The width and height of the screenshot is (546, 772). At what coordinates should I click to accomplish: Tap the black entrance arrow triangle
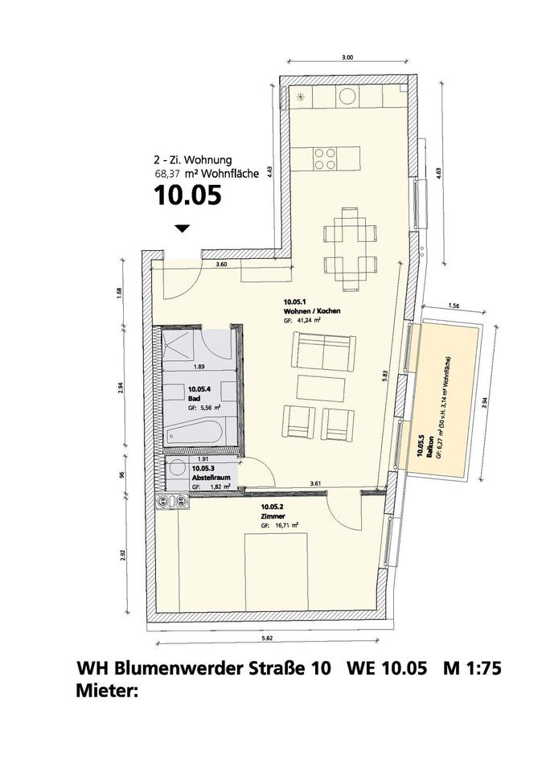click(x=183, y=229)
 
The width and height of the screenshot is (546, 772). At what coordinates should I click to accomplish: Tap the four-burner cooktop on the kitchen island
click(x=326, y=158)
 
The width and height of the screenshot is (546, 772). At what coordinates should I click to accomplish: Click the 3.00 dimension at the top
click(x=347, y=57)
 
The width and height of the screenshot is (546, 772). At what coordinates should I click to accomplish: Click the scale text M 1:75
click(x=477, y=669)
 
